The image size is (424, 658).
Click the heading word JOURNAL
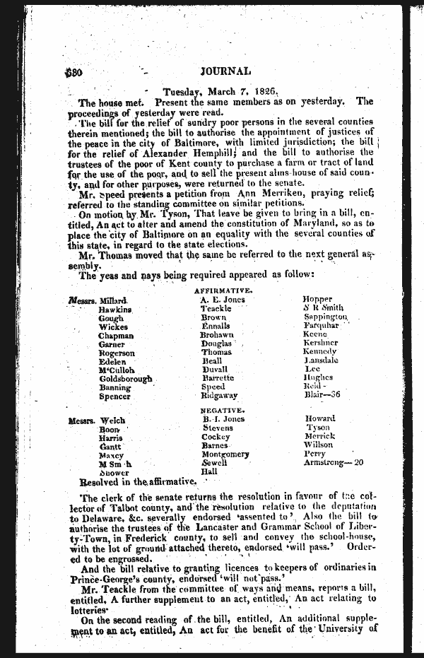pos(225,71)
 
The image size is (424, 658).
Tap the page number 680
pos(74,72)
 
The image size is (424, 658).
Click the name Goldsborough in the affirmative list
pos(126,379)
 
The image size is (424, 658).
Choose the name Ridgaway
pos(219,396)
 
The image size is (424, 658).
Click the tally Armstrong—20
pos(333,462)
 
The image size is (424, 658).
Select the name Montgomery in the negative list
pos(225,454)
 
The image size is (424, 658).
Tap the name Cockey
pos(216,437)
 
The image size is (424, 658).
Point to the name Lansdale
pos(321,360)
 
